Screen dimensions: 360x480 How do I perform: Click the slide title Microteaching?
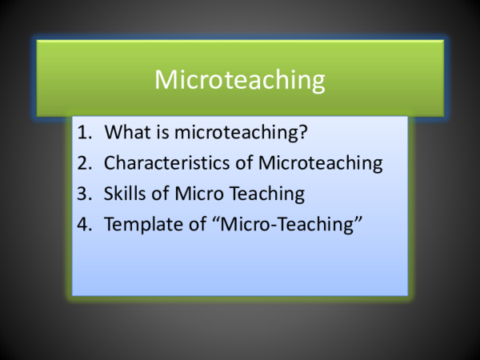(239, 80)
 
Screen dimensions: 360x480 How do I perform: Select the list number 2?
(84, 164)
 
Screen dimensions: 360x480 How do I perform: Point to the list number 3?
(84, 194)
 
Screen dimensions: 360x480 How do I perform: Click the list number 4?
(84, 226)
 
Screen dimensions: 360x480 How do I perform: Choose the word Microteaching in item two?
(321, 164)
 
